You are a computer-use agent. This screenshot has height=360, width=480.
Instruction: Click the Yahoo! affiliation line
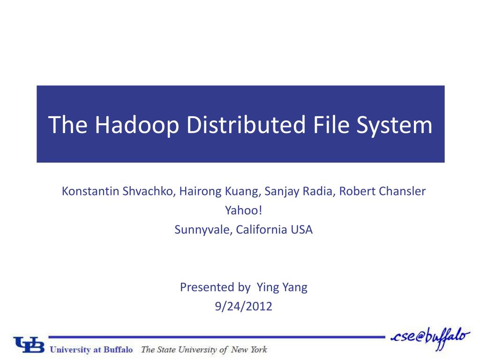coord(243,210)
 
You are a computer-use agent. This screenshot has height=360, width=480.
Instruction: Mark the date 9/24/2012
coord(243,307)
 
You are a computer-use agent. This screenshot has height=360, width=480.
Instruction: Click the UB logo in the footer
coord(29,345)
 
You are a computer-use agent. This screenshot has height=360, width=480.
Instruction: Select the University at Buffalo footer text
coord(91,349)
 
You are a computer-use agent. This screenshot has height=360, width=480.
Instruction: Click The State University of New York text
coord(204,349)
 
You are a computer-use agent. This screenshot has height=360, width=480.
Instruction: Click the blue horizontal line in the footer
coord(216,337)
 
